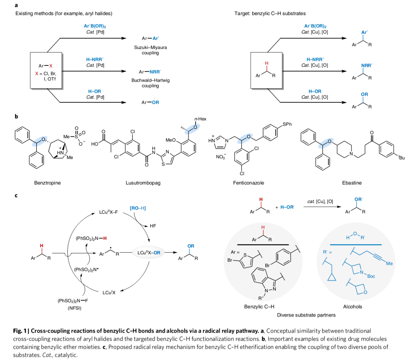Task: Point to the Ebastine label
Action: [352, 183]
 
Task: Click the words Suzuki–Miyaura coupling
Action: [150, 50]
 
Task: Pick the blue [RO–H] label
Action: [138, 208]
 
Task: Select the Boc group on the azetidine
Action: [371, 276]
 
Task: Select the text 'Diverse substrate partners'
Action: [306, 315]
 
